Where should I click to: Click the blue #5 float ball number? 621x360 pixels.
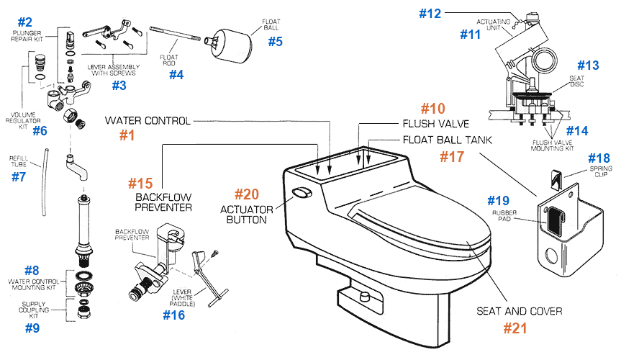click(276, 41)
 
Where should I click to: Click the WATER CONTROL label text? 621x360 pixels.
click(148, 120)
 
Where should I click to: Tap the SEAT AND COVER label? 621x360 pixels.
click(519, 311)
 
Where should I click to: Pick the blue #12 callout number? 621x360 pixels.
click(430, 12)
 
